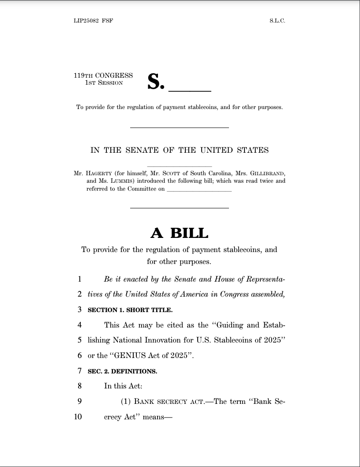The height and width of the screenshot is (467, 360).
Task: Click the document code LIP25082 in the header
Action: [86, 21]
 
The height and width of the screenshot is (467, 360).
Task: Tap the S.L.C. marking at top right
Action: [277, 21]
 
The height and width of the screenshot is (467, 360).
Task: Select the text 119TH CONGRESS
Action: [103, 75]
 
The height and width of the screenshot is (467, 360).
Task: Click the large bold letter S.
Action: [155, 82]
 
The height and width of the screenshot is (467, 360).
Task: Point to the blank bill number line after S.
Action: [190, 90]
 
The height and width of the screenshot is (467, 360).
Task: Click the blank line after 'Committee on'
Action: [199, 190]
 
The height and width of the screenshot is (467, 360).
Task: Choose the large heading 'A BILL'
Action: [180, 233]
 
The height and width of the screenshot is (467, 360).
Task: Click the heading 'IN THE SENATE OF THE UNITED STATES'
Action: [180, 150]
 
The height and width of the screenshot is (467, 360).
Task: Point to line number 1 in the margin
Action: [79, 279]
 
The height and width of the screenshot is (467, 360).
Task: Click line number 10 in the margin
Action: [78, 416]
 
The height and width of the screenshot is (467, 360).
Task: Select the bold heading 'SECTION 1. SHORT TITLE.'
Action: [130, 310]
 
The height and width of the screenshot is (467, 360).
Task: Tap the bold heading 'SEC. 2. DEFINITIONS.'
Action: [122, 371]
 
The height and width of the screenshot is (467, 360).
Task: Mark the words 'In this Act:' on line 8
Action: [123, 386]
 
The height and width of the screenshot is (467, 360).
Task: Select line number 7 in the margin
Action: [79, 371]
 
